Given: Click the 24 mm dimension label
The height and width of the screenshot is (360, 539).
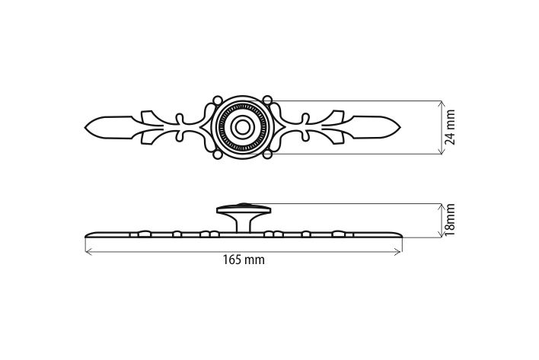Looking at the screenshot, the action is pyautogui.click(x=451, y=127).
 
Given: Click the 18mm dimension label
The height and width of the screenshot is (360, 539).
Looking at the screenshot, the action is pyautogui.click(x=450, y=220).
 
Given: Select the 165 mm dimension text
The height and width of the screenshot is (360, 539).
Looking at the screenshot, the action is pyautogui.click(x=244, y=260).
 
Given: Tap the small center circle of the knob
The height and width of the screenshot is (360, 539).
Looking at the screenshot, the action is pyautogui.click(x=242, y=127).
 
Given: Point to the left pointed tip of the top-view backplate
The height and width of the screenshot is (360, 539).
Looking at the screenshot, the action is pyautogui.click(x=85, y=128).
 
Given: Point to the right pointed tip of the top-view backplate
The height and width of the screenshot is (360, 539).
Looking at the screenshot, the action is pyautogui.click(x=400, y=128).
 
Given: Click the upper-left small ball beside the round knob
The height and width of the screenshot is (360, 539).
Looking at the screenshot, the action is pyautogui.click(x=217, y=100).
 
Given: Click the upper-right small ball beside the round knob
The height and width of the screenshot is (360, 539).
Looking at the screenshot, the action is pyautogui.click(x=267, y=100).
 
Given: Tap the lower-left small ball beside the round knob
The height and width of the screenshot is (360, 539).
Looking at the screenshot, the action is pyautogui.click(x=217, y=155).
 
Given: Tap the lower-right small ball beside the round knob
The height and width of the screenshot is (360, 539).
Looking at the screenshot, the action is pyautogui.click(x=267, y=155).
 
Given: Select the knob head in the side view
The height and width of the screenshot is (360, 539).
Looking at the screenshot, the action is pyautogui.click(x=244, y=210).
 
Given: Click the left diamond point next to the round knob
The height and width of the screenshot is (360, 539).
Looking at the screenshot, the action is pyautogui.click(x=202, y=127).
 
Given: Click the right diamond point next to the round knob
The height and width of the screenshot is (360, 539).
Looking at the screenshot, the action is pyautogui.click(x=284, y=127).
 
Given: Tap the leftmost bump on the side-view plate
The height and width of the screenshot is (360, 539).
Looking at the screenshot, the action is pyautogui.click(x=145, y=234).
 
